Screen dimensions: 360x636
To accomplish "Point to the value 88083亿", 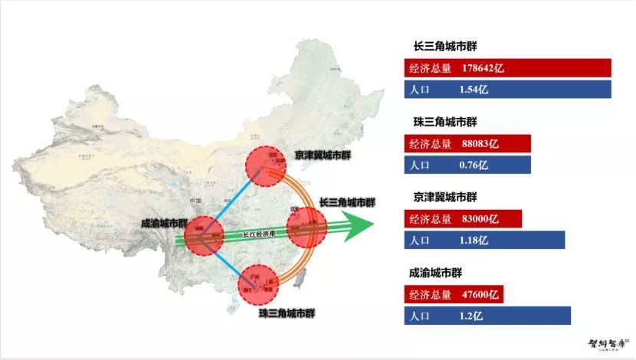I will pos(480,143).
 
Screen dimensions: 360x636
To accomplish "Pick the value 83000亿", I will pos(480,219).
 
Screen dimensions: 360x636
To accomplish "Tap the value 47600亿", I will pos(480,294).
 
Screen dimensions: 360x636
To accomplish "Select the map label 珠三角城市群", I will pos(287,313).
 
